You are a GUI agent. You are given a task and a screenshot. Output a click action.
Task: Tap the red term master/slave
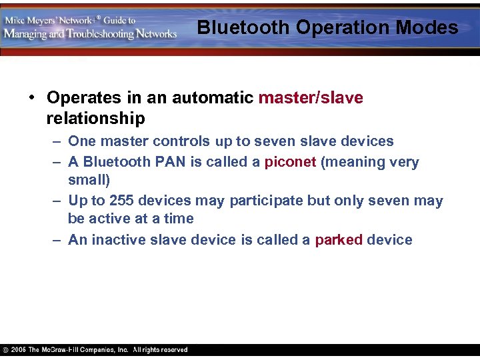(x=311, y=98)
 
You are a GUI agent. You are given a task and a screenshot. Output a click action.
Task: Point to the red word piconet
(x=290, y=162)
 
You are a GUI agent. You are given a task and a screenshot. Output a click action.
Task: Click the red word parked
(x=339, y=240)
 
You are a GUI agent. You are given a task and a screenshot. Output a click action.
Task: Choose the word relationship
(x=95, y=119)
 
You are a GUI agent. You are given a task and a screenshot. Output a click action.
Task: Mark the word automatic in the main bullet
(x=213, y=98)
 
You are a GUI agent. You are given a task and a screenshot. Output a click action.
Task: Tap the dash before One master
(x=57, y=141)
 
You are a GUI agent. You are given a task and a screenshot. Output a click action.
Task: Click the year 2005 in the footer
(x=18, y=350)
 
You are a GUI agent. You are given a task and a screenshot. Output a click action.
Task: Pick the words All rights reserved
(x=160, y=350)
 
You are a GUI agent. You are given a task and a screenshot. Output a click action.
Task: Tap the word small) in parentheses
(x=89, y=180)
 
